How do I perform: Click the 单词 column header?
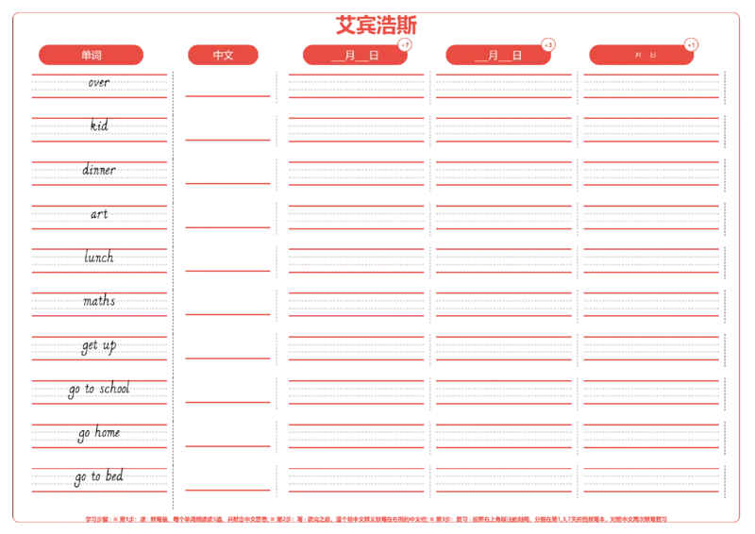coord(91,55)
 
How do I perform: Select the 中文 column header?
coord(224,55)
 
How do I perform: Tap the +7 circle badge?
coord(405,45)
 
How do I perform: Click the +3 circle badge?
coord(548,45)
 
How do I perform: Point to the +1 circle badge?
coord(691,45)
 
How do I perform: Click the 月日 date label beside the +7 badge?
coord(355,55)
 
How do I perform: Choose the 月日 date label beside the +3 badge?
coord(498,55)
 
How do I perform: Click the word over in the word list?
coord(98,82)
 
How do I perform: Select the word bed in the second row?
coord(99,125)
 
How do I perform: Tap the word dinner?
coord(99,170)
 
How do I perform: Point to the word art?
coord(99,213)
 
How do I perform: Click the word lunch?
coord(99,257)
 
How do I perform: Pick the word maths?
coord(99,300)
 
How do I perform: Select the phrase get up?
coord(99,345)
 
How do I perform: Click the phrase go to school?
coord(99,389)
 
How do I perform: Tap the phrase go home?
coord(99,433)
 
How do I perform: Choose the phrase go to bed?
coord(99,476)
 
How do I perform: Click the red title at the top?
coord(377,24)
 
